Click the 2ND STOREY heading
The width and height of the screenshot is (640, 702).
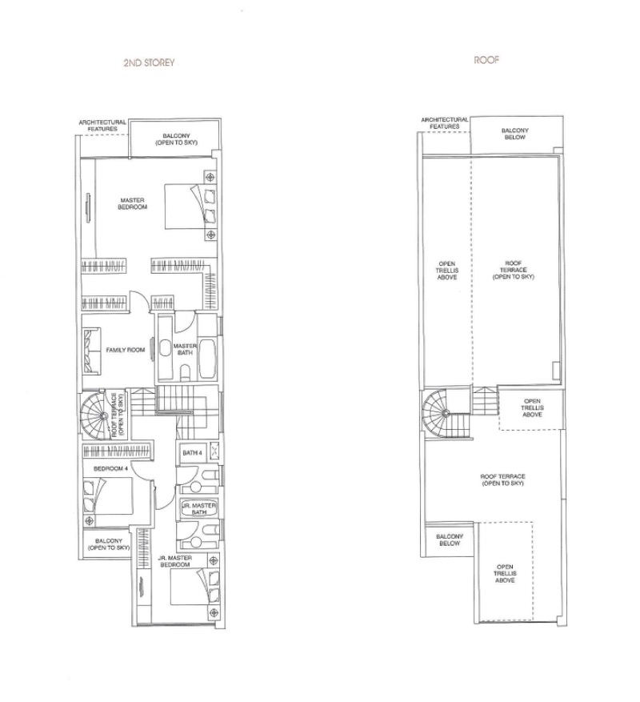click(x=149, y=62)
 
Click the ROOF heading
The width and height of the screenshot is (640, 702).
click(x=486, y=60)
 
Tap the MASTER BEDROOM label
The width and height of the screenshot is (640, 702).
click(x=133, y=203)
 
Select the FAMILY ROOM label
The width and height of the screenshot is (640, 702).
click(x=126, y=350)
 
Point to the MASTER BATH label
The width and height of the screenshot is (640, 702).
click(x=184, y=349)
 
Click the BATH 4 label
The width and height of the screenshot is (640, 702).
click(x=192, y=453)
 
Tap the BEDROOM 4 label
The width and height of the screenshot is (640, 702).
click(x=111, y=469)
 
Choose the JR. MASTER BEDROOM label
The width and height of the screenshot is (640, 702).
click(x=175, y=561)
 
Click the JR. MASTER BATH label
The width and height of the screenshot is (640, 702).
click(x=199, y=509)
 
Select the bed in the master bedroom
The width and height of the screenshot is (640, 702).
click(x=190, y=207)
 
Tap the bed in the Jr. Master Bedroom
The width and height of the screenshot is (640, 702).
click(x=195, y=587)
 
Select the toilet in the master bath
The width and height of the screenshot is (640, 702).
click(x=186, y=372)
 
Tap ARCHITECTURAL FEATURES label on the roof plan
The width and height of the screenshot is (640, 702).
click(x=445, y=123)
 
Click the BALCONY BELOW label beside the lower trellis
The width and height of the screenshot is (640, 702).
click(x=450, y=540)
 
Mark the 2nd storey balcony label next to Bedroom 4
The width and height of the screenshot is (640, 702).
click(x=109, y=544)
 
